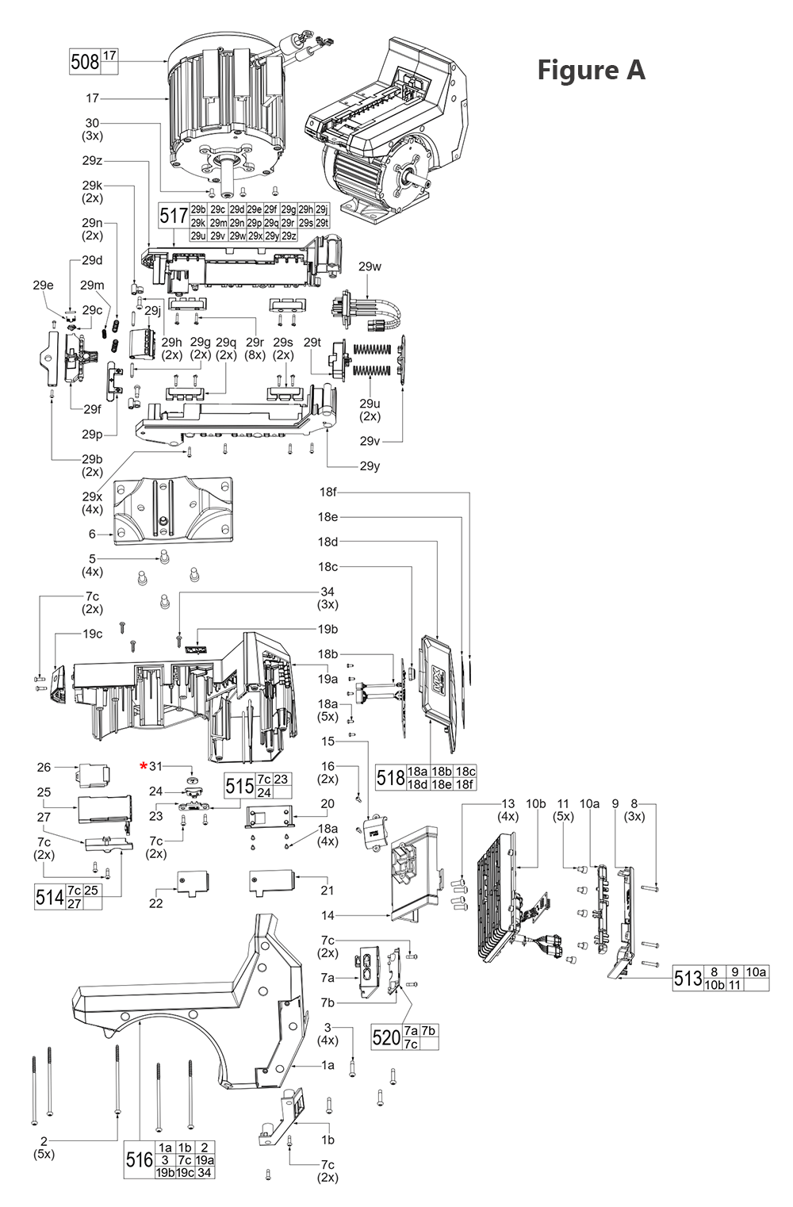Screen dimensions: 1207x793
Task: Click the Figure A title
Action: coord(591,70)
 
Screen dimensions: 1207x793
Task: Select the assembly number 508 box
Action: coord(85,62)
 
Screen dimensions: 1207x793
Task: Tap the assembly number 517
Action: coord(174,216)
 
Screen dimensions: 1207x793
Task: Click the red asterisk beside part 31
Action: coord(144,766)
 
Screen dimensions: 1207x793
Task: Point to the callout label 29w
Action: coord(370,266)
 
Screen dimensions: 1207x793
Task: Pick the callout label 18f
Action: coord(328,492)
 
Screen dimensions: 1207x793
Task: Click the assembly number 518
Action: coord(391,777)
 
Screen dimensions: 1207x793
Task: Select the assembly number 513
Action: coord(688,978)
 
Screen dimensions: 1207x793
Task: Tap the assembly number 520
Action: coord(386,1037)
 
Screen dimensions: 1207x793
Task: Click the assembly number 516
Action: coord(140,1159)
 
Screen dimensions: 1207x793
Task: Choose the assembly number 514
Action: coord(50,897)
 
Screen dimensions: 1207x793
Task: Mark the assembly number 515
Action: coord(239,786)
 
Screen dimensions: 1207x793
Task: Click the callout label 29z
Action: coord(92,160)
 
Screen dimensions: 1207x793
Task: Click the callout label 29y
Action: coord(370,466)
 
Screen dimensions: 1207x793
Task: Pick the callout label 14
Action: coord(328,915)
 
